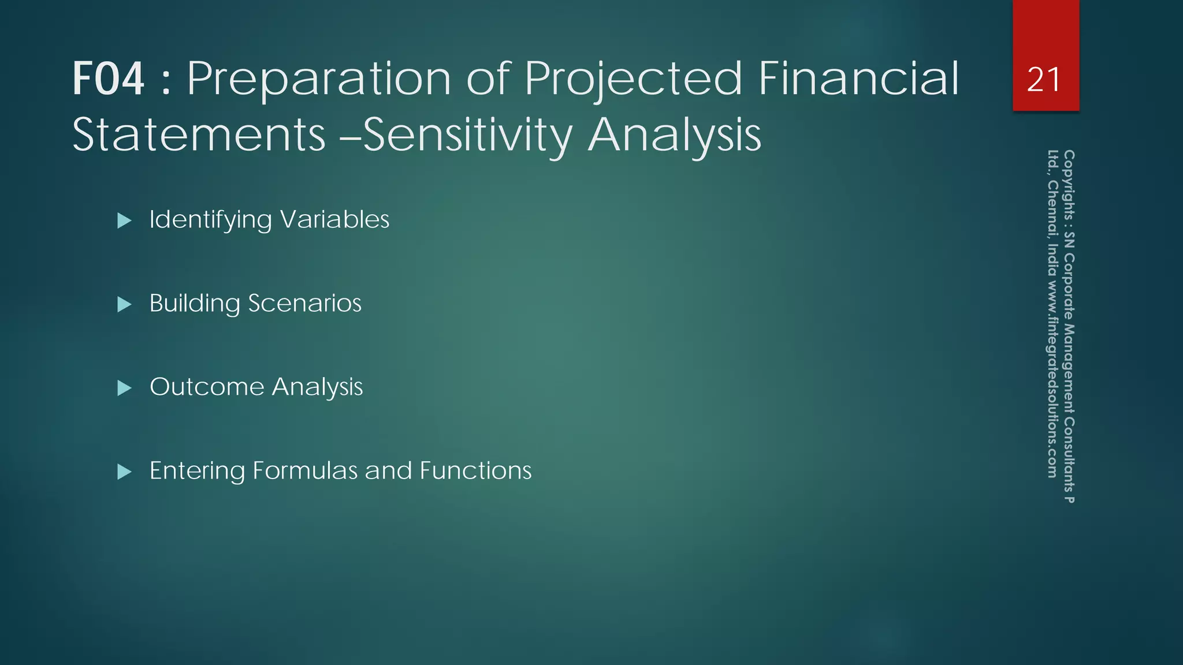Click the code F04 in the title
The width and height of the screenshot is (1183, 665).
(x=108, y=79)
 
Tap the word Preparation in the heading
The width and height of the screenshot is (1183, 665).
(x=318, y=79)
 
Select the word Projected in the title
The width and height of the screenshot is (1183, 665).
(x=633, y=79)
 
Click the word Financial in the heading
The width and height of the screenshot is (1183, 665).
(x=858, y=79)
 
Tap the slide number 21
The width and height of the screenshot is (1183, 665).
(x=1044, y=80)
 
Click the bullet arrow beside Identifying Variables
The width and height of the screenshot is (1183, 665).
(x=124, y=221)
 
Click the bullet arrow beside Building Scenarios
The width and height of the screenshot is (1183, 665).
(x=124, y=304)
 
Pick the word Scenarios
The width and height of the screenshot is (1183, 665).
(x=304, y=303)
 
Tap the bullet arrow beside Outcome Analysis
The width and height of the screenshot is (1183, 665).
(x=124, y=388)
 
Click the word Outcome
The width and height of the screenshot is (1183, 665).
(x=206, y=387)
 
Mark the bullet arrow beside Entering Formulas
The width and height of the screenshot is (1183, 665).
(x=124, y=472)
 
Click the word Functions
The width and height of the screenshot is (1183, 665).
(x=475, y=470)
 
